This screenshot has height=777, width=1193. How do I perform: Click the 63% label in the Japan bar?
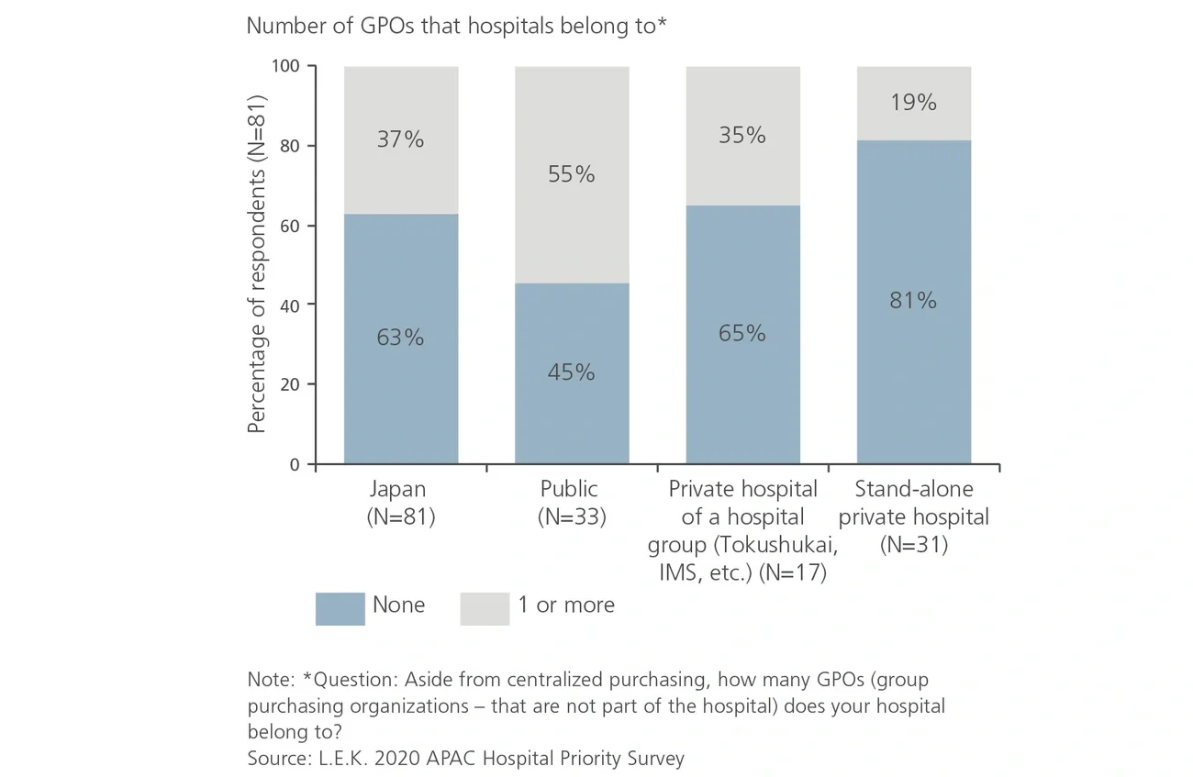pyautogui.click(x=400, y=338)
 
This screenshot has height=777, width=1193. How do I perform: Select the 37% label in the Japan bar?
pyautogui.click(x=400, y=139)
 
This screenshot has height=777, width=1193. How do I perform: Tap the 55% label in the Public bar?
pyautogui.click(x=571, y=174)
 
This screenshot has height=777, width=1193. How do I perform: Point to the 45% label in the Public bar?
pyautogui.click(x=571, y=372)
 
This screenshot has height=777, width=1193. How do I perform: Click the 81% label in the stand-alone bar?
pyautogui.click(x=913, y=300)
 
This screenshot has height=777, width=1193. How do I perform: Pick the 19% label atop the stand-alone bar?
pyautogui.click(x=913, y=103)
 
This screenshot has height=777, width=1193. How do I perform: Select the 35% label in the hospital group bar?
pyautogui.click(x=741, y=135)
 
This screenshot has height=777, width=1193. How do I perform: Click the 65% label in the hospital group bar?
pyautogui.click(x=741, y=333)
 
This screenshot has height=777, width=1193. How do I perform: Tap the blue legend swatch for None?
pyautogui.click(x=340, y=608)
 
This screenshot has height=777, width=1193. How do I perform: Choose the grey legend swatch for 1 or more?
pyautogui.click(x=485, y=608)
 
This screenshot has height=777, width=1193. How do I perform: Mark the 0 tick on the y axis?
pyautogui.click(x=295, y=464)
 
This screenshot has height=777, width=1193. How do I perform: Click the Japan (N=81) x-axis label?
pyautogui.click(x=400, y=503)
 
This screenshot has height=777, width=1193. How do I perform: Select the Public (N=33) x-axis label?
pyautogui.click(x=571, y=503)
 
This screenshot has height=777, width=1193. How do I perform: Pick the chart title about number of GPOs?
pyautogui.click(x=456, y=27)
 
